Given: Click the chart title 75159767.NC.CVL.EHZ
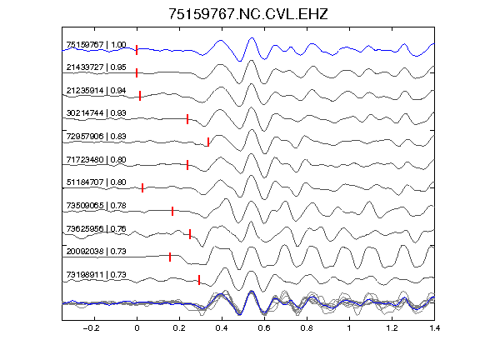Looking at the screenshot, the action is coord(248,14).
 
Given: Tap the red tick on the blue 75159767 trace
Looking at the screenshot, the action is coord(137,50).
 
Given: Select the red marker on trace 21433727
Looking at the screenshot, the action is coord(137,72).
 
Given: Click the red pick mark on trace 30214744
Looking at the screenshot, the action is coord(187,119).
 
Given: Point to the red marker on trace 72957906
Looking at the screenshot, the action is coord(208,142).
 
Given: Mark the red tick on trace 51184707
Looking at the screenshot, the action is coord(142,187).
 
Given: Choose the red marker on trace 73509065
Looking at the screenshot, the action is coord(172,211).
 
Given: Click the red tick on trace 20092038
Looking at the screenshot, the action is coord(170,257).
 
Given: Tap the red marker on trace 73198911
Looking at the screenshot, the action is coord(199,280).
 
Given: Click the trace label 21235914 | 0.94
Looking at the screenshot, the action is coord(96,91).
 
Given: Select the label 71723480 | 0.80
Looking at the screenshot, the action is coord(96,160).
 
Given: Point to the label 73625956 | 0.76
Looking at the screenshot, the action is coord(96,228).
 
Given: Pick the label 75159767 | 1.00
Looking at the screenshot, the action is coord(96,45).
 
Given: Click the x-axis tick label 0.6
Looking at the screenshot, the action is coord(264,328).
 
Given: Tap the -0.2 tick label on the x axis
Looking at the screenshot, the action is coord(91,328).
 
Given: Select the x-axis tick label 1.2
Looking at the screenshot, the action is coord(392,328).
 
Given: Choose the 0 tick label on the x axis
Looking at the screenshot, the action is coord(137,328).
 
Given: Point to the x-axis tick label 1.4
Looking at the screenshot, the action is coord(434,328).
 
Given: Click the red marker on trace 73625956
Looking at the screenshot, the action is coord(190,234).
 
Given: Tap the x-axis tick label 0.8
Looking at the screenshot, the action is coord(307,328).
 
